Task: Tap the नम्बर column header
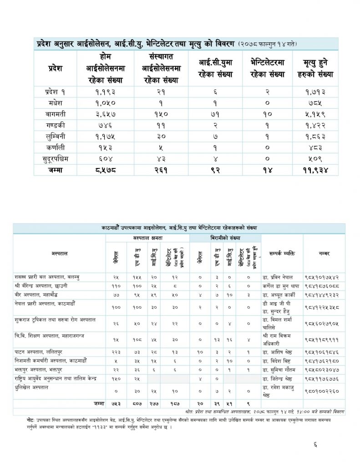point(324,253)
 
